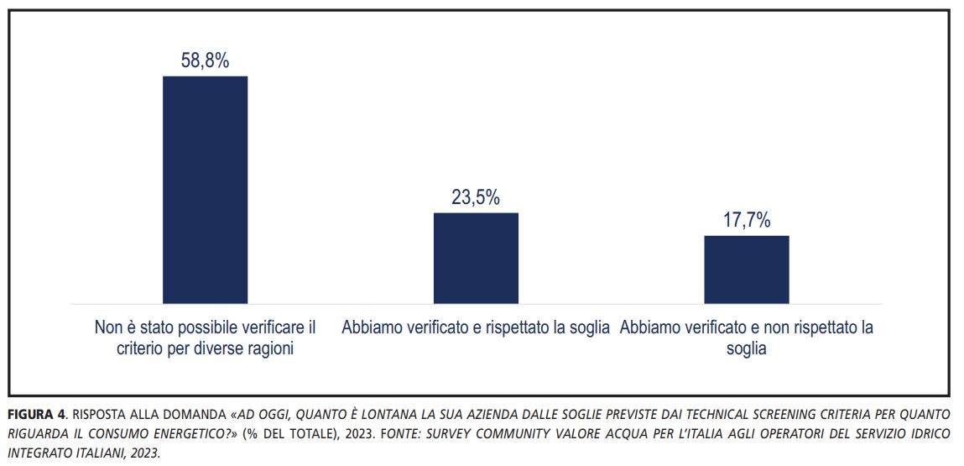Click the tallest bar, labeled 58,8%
(x=205, y=189)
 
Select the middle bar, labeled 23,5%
(x=476, y=258)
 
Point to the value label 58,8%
(x=205, y=61)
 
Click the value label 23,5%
(x=476, y=198)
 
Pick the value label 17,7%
(x=747, y=221)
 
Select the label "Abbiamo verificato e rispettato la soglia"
(x=476, y=327)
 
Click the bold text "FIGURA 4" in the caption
(x=39, y=415)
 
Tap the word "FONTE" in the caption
(x=405, y=434)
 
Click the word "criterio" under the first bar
(x=142, y=348)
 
